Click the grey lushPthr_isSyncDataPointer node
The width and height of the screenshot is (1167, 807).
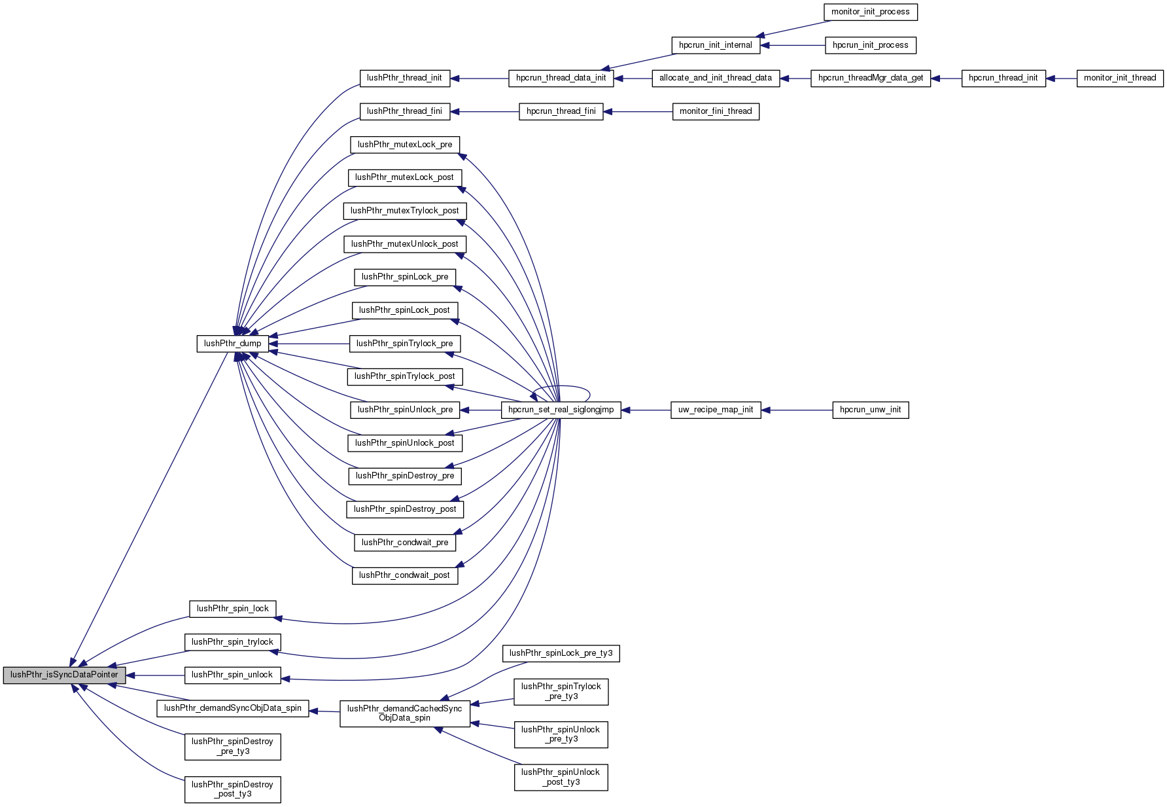pos(64,675)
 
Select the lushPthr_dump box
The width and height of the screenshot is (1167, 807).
pos(232,344)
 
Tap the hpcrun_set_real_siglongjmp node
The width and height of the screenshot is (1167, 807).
pos(561,410)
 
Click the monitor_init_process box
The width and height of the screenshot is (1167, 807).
pos(870,12)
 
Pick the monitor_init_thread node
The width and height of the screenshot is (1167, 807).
pos(1119,78)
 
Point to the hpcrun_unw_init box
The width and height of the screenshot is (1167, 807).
pos(870,410)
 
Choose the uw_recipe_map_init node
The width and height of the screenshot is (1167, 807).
pos(716,410)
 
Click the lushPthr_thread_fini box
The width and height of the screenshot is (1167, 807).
pos(404,111)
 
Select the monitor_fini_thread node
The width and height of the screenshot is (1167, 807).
pos(716,111)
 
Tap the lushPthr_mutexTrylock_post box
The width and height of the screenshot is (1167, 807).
pos(404,211)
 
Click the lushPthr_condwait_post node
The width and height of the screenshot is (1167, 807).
pos(404,575)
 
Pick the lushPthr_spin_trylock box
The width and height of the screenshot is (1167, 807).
pos(232,642)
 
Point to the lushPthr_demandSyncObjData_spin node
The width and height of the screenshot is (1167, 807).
pos(232,708)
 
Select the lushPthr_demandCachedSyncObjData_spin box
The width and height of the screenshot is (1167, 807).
pos(404,713)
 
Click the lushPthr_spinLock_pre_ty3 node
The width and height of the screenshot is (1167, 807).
pos(561,653)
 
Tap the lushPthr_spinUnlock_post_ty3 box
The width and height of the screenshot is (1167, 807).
pos(561,777)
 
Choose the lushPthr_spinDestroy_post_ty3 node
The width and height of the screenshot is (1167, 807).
pos(232,789)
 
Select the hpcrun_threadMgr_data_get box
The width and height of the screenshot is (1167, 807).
pos(870,78)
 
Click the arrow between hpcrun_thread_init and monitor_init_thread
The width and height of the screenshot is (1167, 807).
pos(1061,79)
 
